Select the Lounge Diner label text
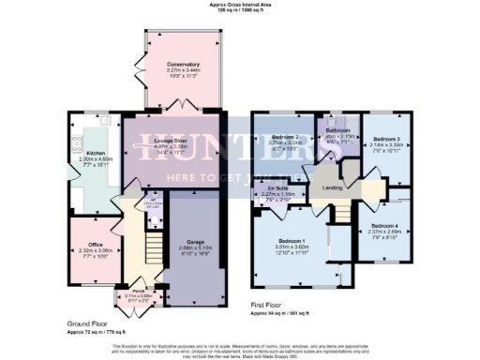click(x=172, y=139)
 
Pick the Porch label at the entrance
click(x=139, y=290)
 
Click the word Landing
click(x=332, y=187)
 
